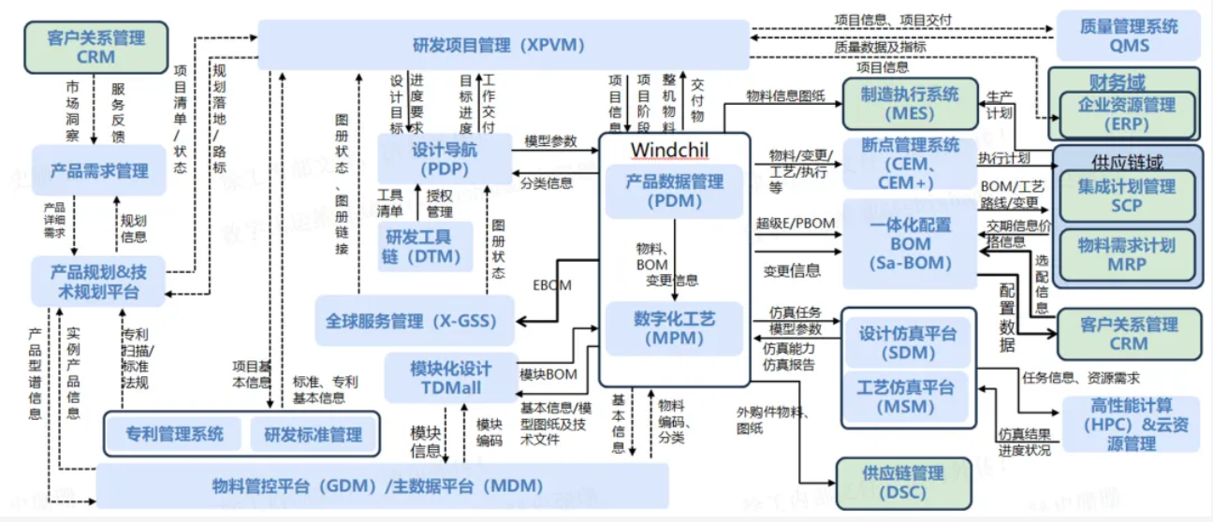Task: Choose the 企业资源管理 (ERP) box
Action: (1126, 113)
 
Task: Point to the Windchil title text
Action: (668, 150)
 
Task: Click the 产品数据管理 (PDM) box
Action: (675, 191)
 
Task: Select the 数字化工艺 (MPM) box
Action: (675, 328)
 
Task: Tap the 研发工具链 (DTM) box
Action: (421, 246)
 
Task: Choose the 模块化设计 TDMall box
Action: (450, 378)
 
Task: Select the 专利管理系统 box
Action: (175, 434)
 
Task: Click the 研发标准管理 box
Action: (313, 434)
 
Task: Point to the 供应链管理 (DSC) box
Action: (902, 483)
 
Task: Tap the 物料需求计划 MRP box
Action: (1126, 254)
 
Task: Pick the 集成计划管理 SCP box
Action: (1126, 196)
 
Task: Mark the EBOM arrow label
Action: (552, 285)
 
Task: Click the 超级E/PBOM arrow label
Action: (795, 224)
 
